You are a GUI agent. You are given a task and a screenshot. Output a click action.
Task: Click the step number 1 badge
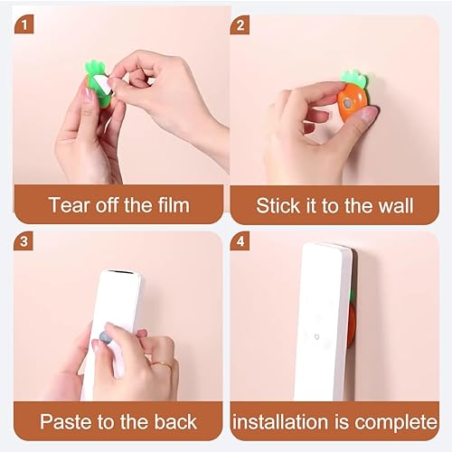[x=24, y=24]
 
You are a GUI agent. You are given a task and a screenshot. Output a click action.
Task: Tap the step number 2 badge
[x=240, y=25]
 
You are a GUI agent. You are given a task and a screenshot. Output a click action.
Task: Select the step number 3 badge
[x=24, y=241]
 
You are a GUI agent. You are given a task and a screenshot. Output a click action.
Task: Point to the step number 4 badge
[x=240, y=241]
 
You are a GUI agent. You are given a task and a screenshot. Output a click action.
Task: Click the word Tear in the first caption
[x=70, y=205]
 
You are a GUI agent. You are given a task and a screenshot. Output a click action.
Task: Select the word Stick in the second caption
[x=278, y=206]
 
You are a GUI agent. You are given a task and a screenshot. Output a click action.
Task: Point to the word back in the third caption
[x=175, y=421]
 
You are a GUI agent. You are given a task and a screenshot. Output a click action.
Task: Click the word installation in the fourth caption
[x=280, y=421]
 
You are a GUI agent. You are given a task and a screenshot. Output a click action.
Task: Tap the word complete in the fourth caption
[x=396, y=423]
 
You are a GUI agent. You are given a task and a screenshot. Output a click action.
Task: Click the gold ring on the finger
[x=163, y=365]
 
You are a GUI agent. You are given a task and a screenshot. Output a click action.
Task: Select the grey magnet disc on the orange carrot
[x=348, y=104]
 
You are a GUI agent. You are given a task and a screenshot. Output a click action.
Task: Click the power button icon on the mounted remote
[x=316, y=336]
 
